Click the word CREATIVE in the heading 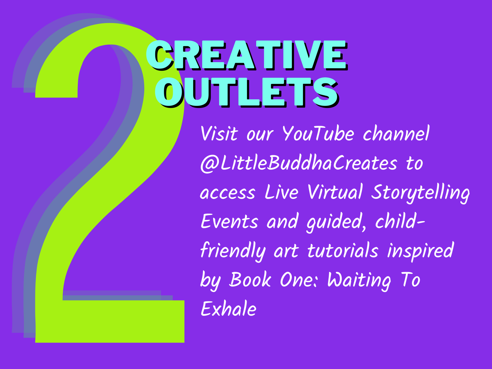point(247,55)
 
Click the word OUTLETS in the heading point(247,92)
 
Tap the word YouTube point(318,133)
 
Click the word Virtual point(335,192)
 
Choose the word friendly point(233,252)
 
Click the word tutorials point(343,251)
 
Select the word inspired point(420,251)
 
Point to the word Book point(250,280)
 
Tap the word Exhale point(228,308)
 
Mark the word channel point(396,133)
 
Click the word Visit point(219,133)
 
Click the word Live point(282,192)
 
